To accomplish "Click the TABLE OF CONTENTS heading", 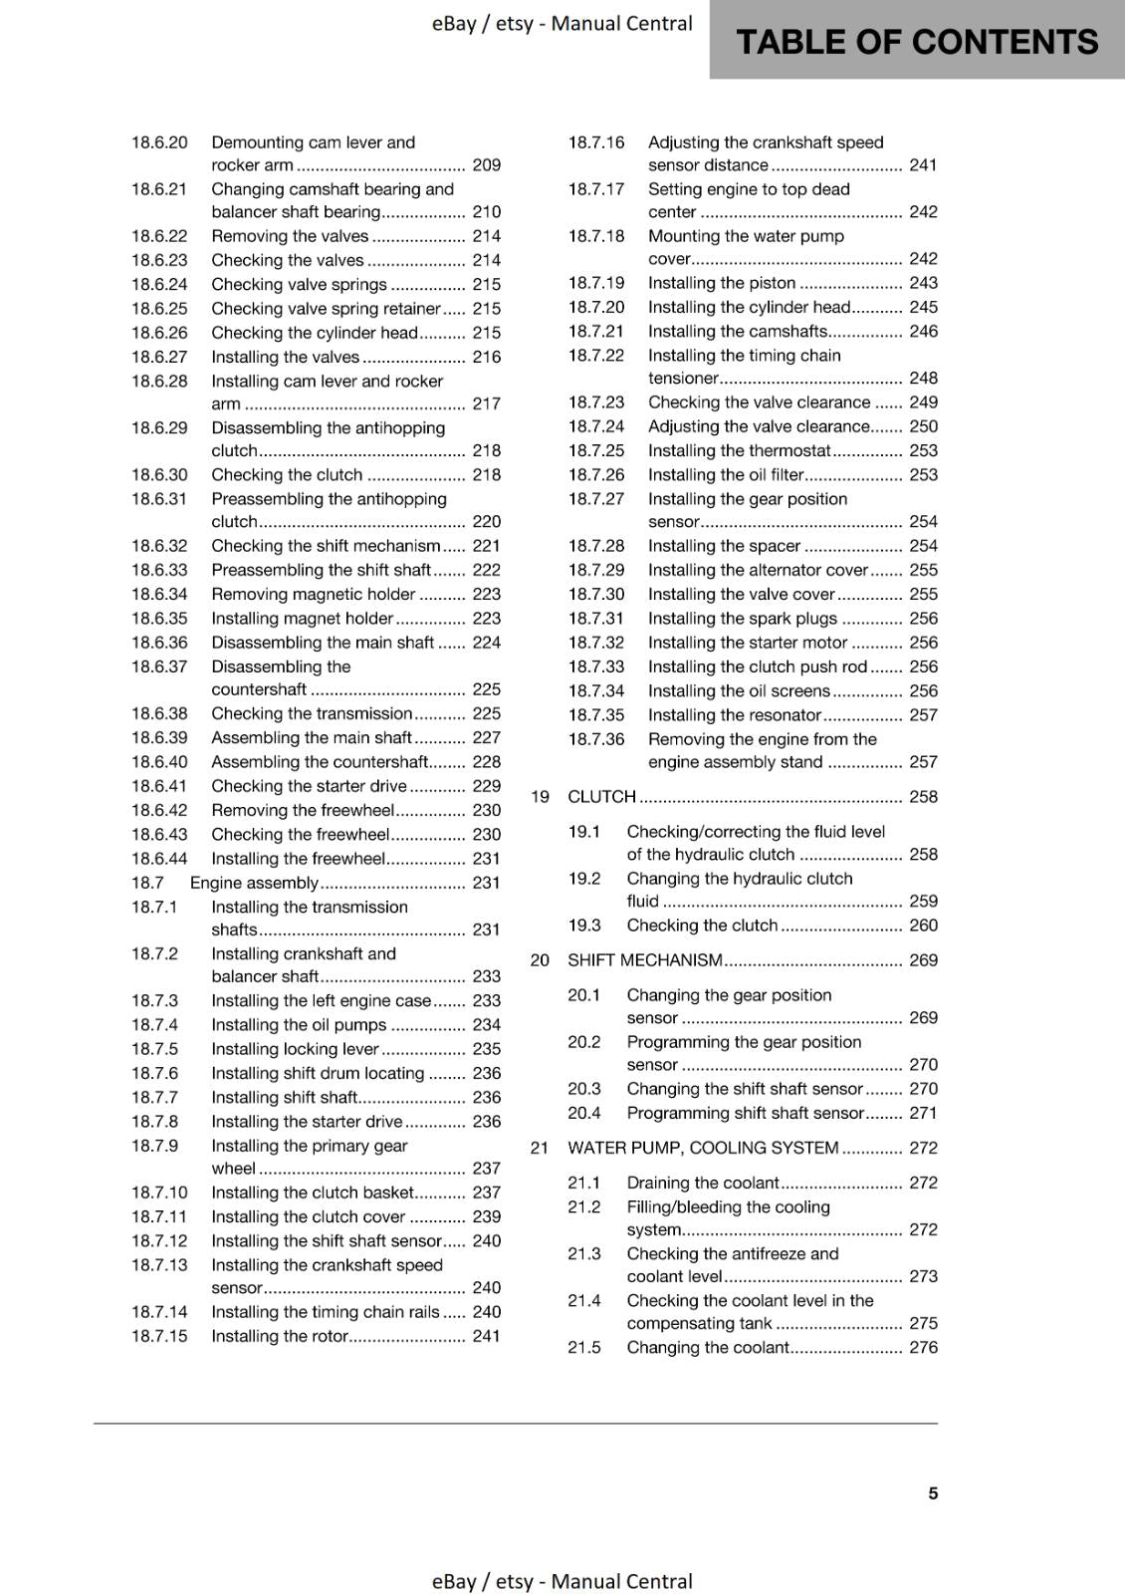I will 916,42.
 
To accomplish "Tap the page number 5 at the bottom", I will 933,1492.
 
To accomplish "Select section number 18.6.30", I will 159,475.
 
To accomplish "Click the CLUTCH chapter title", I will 601,797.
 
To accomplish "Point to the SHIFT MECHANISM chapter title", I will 644,960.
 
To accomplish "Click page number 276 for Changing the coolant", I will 923,1348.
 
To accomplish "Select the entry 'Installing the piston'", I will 721,283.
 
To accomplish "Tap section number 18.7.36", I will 596,739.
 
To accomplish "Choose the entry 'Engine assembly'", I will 254,883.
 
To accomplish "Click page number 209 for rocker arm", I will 486,165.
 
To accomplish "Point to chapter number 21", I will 540,1148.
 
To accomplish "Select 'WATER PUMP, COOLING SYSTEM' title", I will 703,1148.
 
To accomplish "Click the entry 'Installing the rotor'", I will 280,1336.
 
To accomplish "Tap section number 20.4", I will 584,1113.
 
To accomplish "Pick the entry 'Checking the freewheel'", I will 300,835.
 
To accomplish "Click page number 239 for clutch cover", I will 486,1216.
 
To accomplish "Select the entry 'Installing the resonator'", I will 734,715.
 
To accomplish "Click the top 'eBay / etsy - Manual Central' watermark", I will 562,23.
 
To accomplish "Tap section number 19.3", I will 584,926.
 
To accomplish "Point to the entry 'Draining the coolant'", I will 702,1183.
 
